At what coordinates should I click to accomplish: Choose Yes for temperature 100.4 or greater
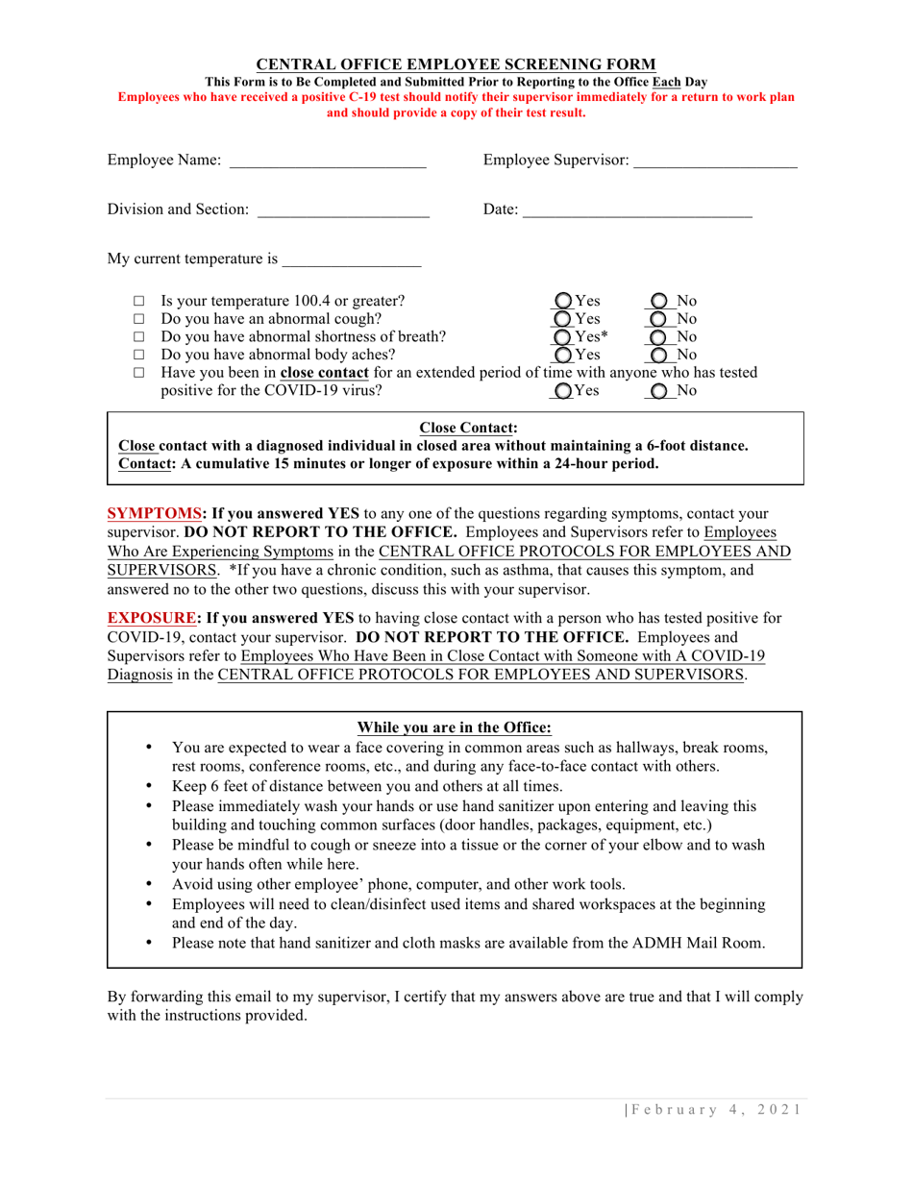pos(566,300)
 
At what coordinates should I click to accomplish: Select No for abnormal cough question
pos(659,318)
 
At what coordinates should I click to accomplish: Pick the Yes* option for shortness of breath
pos(566,336)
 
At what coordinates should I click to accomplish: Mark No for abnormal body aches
pos(659,355)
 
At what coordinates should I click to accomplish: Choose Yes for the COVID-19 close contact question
pos(566,391)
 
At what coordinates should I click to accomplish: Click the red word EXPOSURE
pos(150,617)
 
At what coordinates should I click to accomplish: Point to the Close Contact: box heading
pos(456,428)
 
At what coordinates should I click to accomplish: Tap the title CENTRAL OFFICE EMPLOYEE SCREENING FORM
pos(456,65)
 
